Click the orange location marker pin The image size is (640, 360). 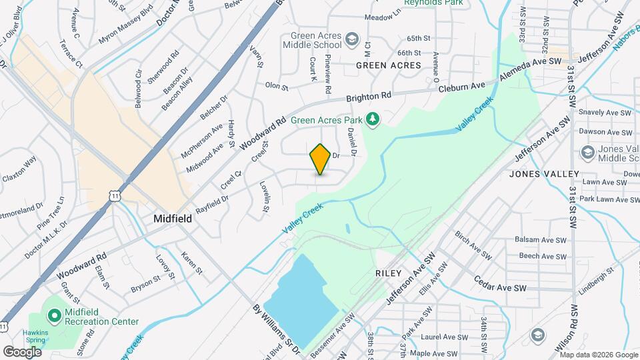pos(321,159)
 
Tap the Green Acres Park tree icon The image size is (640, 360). pos(373,119)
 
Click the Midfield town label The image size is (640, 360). pos(173,219)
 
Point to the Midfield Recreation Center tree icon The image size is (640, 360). pos(53,313)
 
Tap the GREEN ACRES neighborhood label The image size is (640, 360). pos(389,65)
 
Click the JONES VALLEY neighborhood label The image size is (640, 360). pos(544,174)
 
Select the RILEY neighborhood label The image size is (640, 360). pos(389,273)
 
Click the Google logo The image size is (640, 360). pos(22,351)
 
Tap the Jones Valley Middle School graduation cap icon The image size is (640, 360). pos(587,153)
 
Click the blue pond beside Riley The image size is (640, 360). pos(303,291)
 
